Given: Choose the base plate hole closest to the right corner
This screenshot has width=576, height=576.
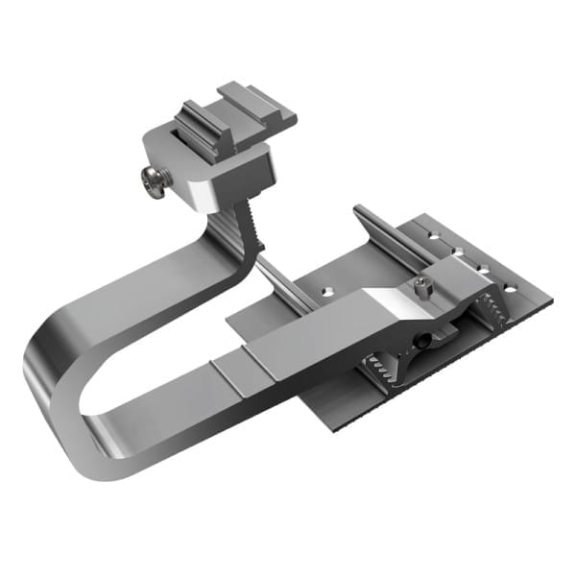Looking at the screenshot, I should pos(509,287).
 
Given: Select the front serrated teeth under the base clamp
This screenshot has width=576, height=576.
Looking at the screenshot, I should pos(384,370).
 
